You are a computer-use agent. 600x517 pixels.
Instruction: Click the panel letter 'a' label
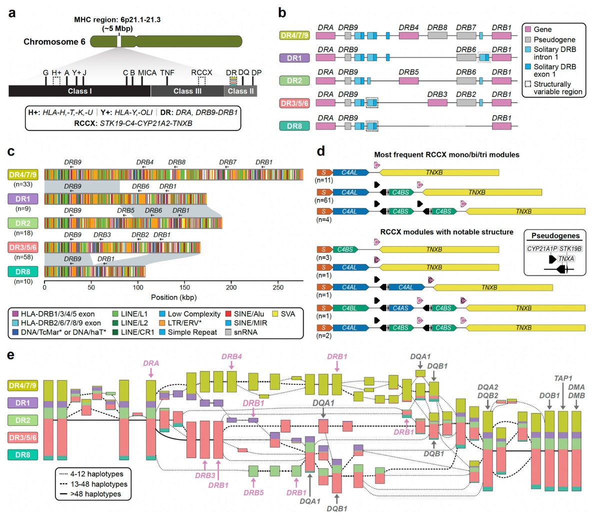(11, 13)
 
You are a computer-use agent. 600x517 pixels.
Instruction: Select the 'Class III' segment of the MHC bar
(187, 91)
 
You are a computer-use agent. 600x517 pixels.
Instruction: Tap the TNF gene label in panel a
(167, 73)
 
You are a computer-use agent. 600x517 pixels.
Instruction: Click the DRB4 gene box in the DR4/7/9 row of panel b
(409, 35)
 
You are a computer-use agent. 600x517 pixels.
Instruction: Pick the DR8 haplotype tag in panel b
(294, 126)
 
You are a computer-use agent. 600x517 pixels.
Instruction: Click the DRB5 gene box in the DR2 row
(409, 80)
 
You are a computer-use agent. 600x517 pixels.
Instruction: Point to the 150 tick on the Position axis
(185, 287)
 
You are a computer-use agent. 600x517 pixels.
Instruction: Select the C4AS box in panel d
(400, 308)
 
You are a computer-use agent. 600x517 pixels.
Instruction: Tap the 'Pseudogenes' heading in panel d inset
(555, 235)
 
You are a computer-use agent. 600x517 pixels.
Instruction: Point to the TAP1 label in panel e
(563, 378)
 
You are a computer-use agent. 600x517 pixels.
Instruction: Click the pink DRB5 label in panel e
(253, 492)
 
